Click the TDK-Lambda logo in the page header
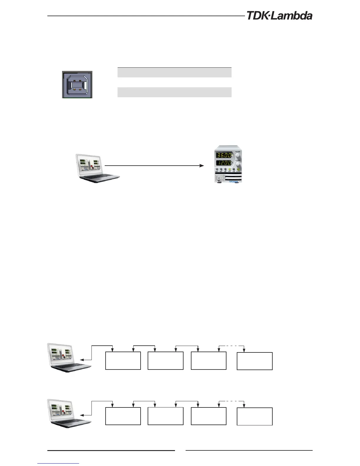click(x=279, y=16)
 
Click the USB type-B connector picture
click(x=77, y=84)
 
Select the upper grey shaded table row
click(x=174, y=72)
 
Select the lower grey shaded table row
click(x=174, y=92)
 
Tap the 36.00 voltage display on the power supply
click(x=224, y=155)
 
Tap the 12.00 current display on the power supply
click(x=224, y=163)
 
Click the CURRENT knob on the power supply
click(x=238, y=163)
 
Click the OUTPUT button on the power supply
click(x=238, y=169)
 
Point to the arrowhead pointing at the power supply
click(x=202, y=166)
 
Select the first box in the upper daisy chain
click(x=123, y=361)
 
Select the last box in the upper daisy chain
click(x=255, y=361)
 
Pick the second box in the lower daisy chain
click(x=165, y=416)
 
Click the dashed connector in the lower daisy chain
click(x=232, y=401)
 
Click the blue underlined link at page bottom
click(x=59, y=463)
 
